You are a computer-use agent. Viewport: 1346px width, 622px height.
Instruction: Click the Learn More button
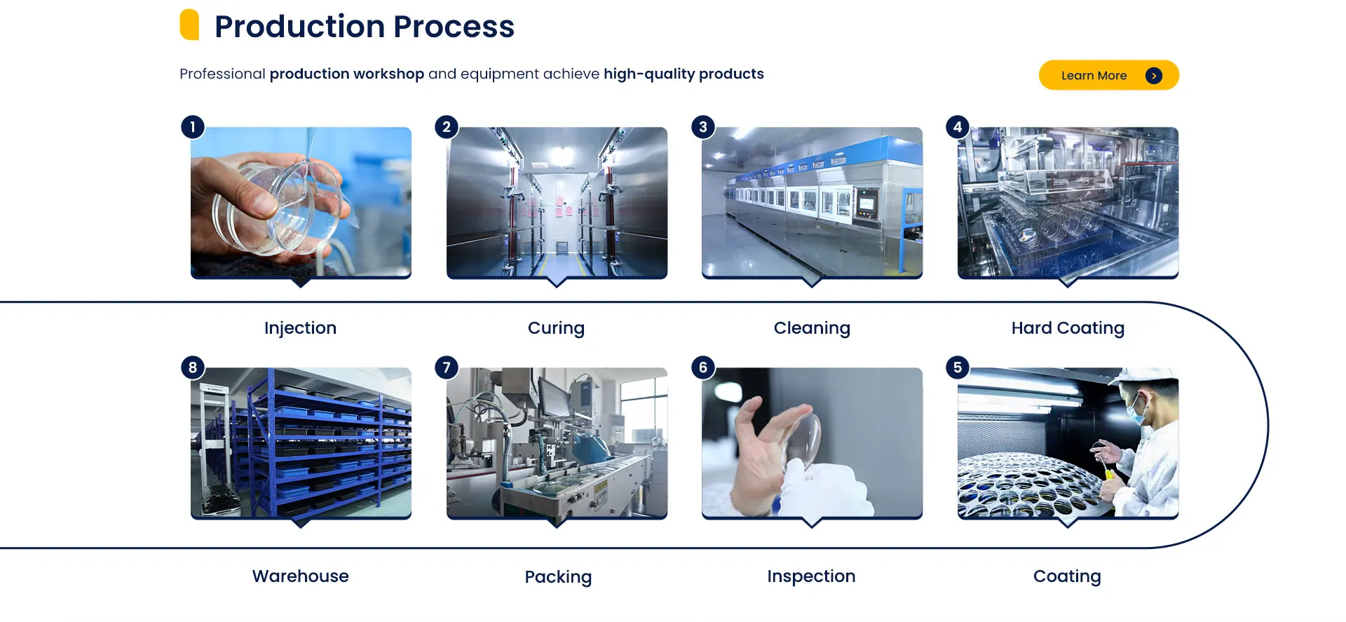[1108, 75]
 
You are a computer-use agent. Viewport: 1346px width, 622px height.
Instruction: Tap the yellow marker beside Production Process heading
[189, 25]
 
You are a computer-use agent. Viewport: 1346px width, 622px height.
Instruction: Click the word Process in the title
[454, 27]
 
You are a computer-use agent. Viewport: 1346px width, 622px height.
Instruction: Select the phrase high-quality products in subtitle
[684, 74]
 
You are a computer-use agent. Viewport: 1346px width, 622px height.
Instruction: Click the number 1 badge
[193, 127]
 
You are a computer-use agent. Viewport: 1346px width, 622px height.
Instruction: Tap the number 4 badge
[958, 127]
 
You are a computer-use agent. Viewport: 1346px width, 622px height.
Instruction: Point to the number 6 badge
[703, 367]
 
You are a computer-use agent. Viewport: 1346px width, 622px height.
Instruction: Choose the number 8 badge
[193, 367]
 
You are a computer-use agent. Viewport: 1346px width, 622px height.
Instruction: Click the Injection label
[300, 328]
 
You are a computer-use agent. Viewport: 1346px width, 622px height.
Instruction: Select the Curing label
[556, 328]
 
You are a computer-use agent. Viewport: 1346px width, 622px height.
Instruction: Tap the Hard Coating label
[1068, 328]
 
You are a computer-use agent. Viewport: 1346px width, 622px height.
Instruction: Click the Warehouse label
[300, 576]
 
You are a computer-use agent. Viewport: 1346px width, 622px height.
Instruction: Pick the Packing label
[558, 577]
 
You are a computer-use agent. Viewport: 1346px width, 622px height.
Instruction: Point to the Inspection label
[811, 576]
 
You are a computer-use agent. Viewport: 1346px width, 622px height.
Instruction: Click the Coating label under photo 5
[1067, 576]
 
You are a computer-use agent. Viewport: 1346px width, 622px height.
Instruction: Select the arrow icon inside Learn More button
[1153, 76]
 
